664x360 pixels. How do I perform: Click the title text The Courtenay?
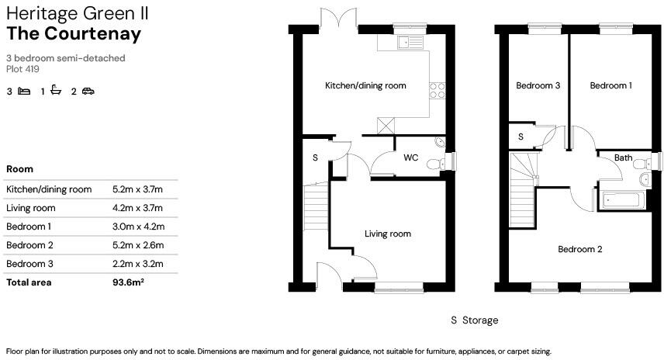click(x=74, y=33)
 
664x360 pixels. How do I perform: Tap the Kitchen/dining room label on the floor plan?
click(x=365, y=86)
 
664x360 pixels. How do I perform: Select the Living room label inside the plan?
click(x=387, y=234)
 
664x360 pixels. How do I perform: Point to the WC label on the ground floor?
click(x=410, y=157)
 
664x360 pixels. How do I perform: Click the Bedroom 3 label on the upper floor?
click(x=538, y=86)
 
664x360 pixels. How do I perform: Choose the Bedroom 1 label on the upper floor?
click(x=610, y=86)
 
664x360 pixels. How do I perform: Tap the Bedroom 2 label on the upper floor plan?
click(x=580, y=249)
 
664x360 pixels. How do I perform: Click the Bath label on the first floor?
click(x=623, y=157)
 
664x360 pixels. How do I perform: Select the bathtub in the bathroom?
click(x=622, y=199)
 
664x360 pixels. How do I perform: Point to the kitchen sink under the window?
click(x=406, y=43)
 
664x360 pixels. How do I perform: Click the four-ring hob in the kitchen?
click(x=437, y=90)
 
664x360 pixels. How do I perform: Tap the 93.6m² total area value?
click(x=129, y=282)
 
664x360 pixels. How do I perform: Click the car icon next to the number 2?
click(x=88, y=92)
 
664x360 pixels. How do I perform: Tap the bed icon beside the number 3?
click(x=24, y=92)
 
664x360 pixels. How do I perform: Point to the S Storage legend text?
click(x=474, y=320)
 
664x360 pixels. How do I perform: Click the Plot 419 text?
click(x=22, y=69)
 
